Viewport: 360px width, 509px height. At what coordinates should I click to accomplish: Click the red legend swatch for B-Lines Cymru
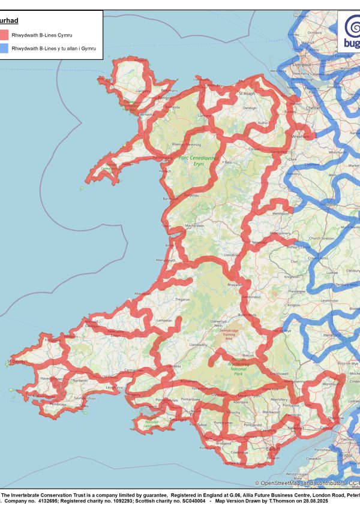coord(4,35)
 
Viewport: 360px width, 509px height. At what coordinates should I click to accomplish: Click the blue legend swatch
coord(4,48)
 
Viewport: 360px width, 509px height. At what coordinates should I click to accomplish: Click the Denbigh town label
coord(250,109)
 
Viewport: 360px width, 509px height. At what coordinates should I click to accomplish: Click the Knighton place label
coord(292,277)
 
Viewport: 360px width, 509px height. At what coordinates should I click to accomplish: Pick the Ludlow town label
coord(332,272)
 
